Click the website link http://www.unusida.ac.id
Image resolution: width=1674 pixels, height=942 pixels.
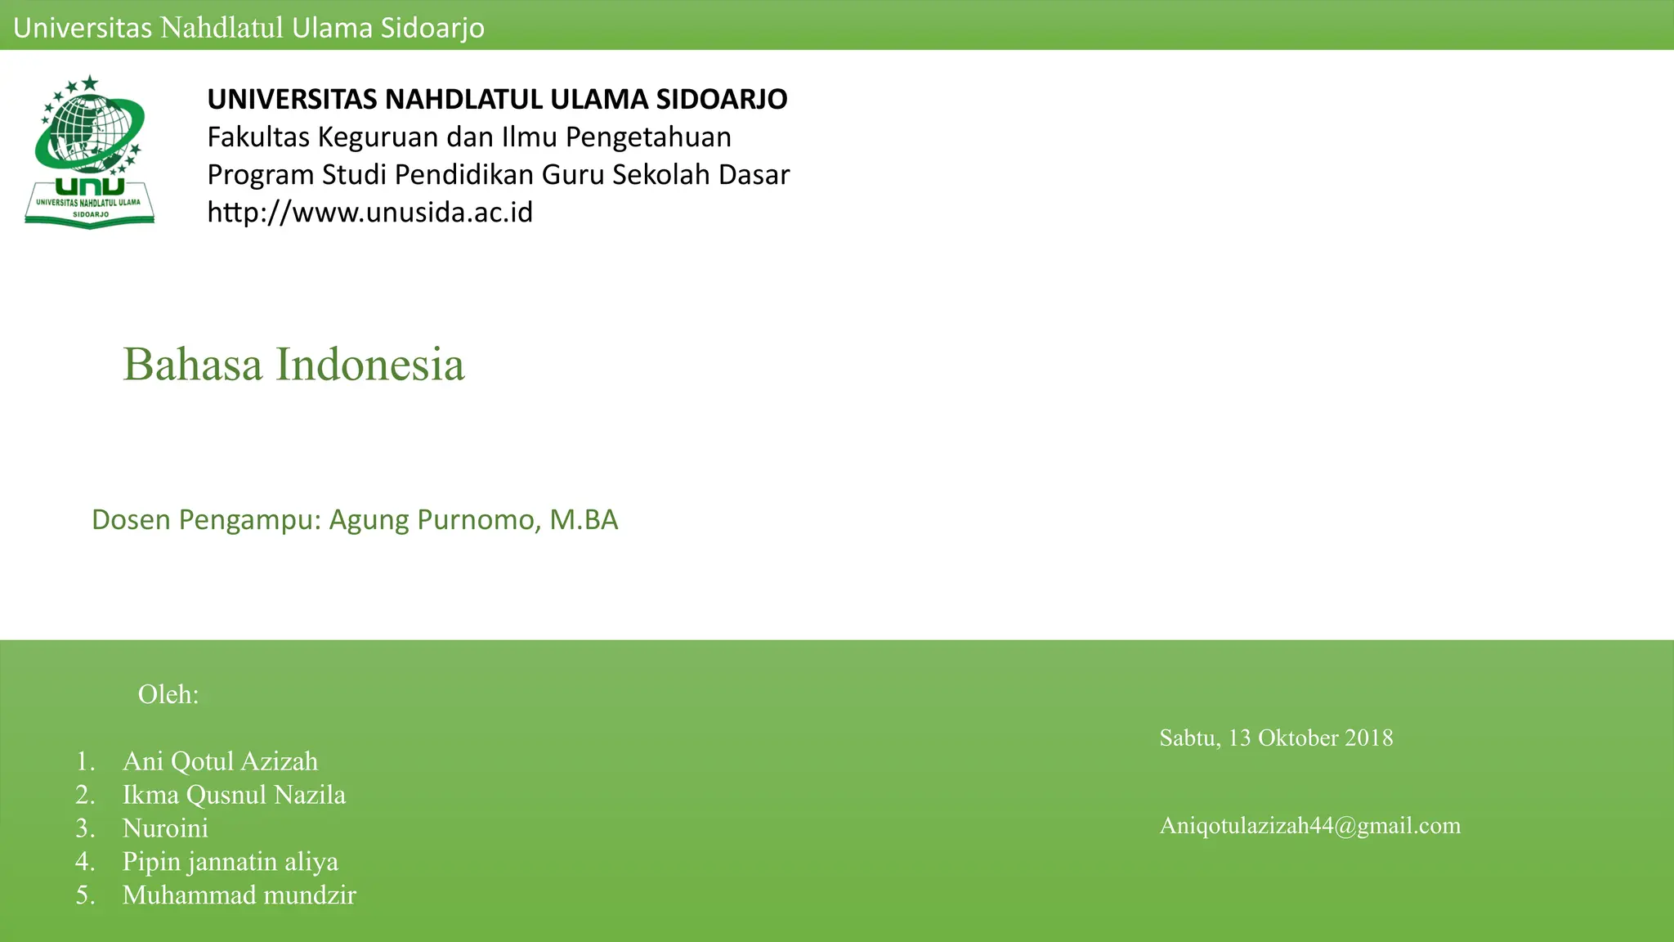pos(369,213)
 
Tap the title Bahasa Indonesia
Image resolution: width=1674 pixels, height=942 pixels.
pos(293,365)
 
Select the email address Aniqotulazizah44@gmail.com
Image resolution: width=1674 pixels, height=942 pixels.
pos(1309,826)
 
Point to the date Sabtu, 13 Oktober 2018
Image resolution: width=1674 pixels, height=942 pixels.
pos(1276,738)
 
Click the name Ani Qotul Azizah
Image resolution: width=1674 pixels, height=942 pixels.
pos(220,761)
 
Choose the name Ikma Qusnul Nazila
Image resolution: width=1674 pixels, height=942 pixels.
pos(234,795)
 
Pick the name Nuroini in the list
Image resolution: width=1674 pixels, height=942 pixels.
pos(165,828)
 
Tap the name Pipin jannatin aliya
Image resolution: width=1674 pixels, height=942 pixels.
pos(230,862)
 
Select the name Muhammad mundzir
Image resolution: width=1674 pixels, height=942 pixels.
pos(239,895)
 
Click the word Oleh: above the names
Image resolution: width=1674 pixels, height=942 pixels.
pos(168,694)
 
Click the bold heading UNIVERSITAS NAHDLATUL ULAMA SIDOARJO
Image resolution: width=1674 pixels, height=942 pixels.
pos(497,99)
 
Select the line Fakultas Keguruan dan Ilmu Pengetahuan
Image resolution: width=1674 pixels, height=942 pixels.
pos(469,137)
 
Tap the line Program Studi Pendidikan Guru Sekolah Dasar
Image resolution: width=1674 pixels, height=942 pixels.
pos(498,175)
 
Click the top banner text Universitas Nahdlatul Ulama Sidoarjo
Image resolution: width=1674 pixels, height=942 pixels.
pos(248,28)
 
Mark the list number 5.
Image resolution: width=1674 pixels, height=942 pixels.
pos(85,895)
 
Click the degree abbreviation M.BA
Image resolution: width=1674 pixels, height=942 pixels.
pos(584,520)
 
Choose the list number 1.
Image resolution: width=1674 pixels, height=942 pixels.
pos(85,761)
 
